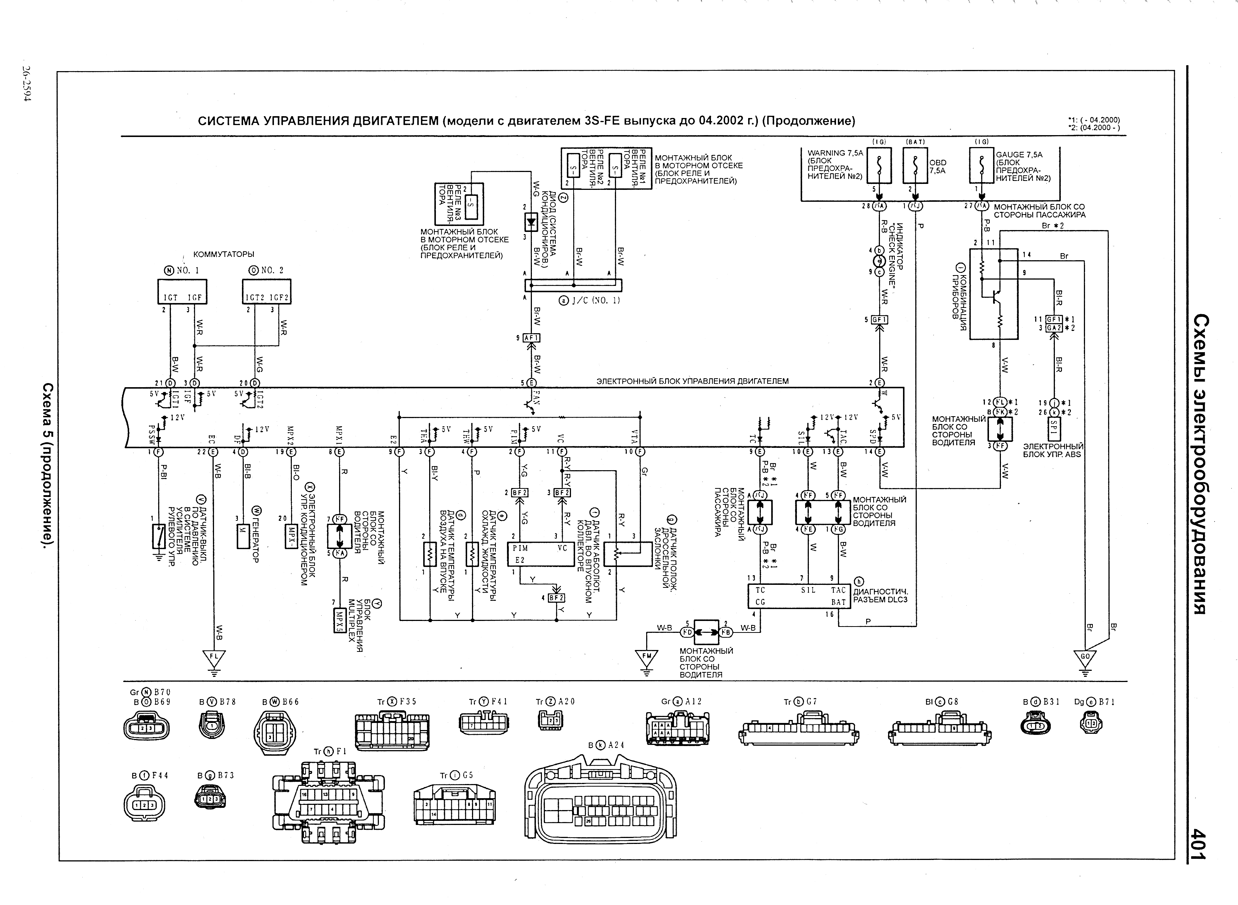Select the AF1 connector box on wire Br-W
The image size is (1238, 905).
point(532,338)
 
